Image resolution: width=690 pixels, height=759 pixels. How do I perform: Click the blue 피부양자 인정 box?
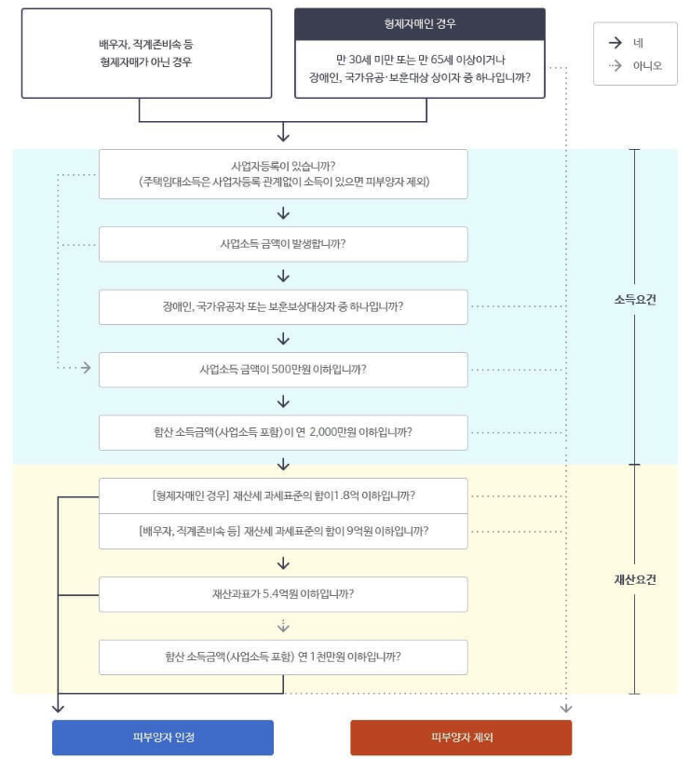tap(163, 737)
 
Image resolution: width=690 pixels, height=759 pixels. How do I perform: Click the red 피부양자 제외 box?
tap(461, 737)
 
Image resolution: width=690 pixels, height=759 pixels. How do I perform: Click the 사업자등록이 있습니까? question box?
tap(283, 173)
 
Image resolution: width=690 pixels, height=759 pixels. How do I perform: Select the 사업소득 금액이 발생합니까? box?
tap(283, 244)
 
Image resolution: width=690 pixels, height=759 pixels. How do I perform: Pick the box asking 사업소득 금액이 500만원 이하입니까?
tap(283, 369)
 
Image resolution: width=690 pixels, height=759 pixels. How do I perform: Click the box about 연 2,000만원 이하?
tap(283, 432)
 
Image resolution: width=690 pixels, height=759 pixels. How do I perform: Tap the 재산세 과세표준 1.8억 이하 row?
tap(283, 495)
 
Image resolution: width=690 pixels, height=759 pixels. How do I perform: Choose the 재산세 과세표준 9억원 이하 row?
tap(283, 531)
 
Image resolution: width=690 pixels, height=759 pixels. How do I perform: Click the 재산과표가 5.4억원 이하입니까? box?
tap(283, 593)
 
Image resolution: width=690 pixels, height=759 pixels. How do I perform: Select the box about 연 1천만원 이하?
tap(283, 656)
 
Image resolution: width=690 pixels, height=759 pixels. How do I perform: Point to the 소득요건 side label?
tap(635, 300)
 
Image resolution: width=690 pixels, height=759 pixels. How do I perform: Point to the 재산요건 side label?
tap(635, 579)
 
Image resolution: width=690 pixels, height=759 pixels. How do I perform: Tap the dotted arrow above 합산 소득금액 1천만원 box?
tap(283, 625)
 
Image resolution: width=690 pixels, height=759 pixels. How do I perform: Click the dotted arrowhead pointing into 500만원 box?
tap(86, 369)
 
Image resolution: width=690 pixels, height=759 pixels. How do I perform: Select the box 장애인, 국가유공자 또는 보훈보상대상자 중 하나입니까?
tap(283, 306)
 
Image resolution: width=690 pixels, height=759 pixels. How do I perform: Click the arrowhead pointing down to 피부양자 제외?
tap(566, 709)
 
